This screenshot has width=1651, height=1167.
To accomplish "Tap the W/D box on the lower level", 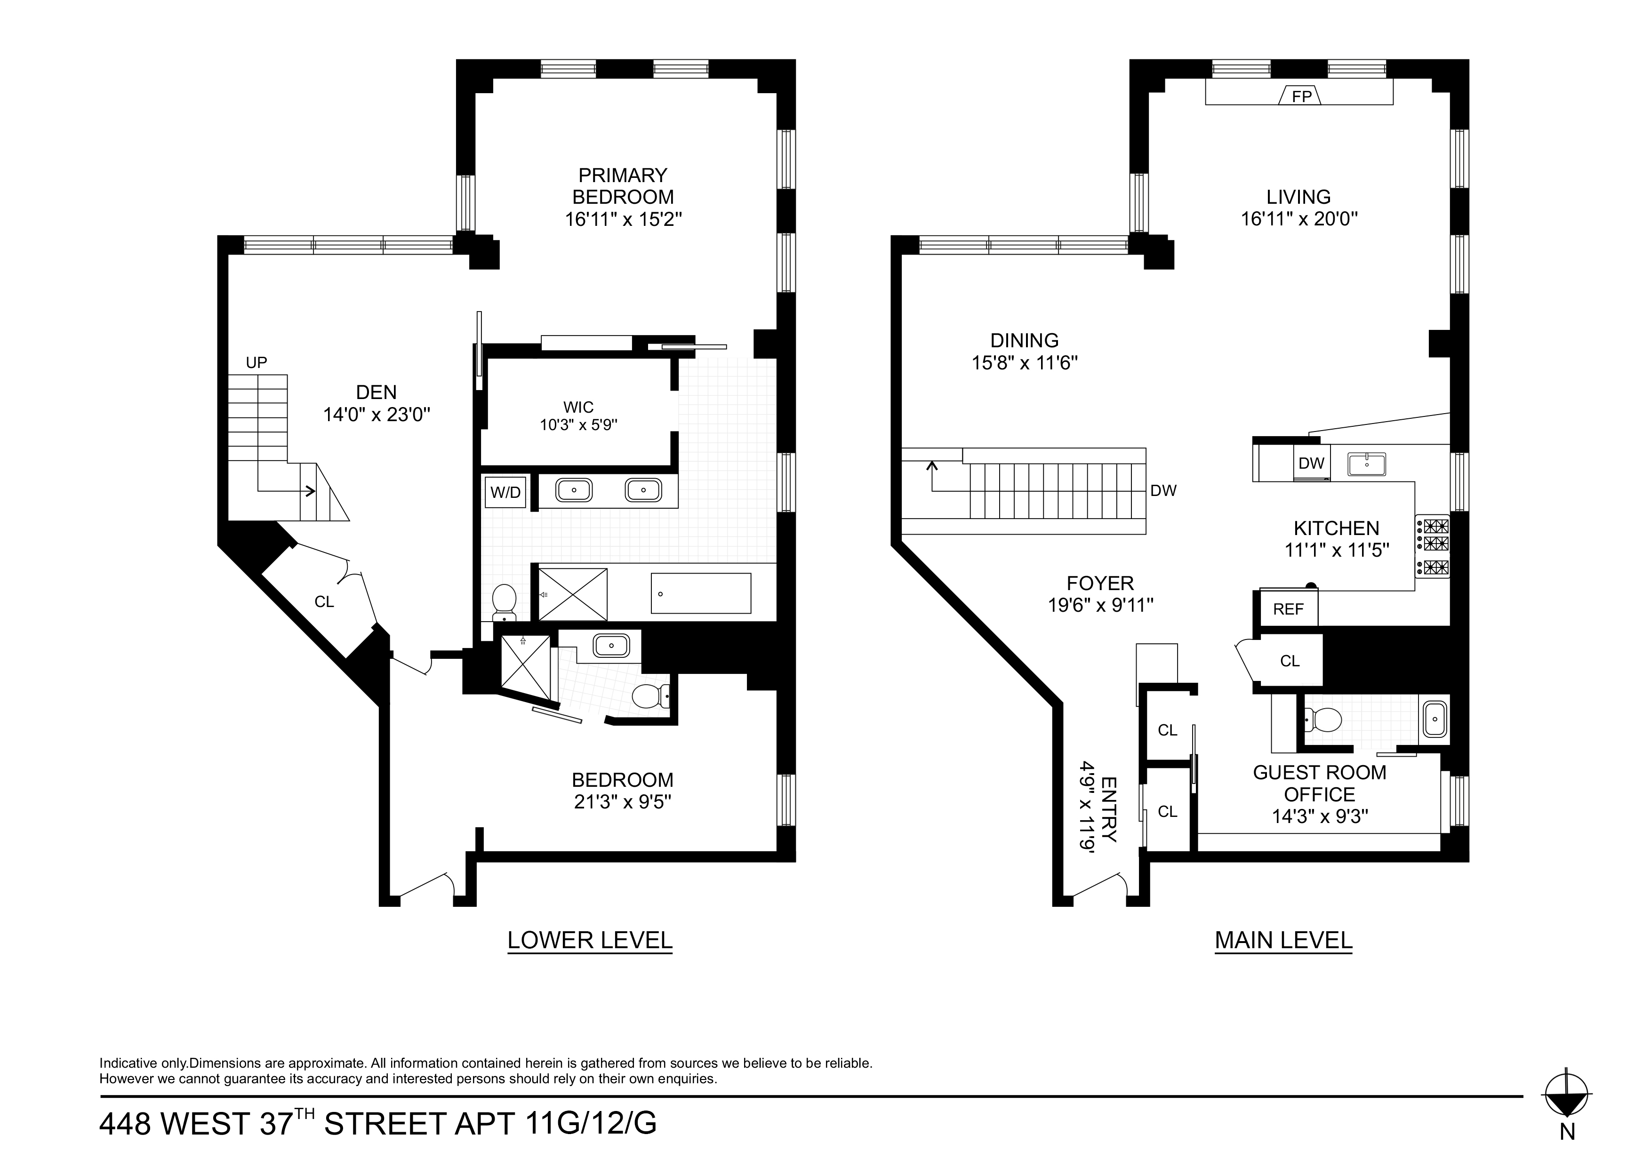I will tap(505, 493).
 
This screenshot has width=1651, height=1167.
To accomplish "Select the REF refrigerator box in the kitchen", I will tap(1288, 609).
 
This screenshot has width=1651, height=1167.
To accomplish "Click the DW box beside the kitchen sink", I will tap(1311, 463).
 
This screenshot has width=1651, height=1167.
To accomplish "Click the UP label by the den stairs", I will tap(256, 362).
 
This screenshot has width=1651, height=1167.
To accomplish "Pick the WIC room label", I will tap(578, 408).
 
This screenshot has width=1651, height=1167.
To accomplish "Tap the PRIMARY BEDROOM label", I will tap(623, 185).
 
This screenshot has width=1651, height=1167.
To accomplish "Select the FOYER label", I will tap(1100, 583).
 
